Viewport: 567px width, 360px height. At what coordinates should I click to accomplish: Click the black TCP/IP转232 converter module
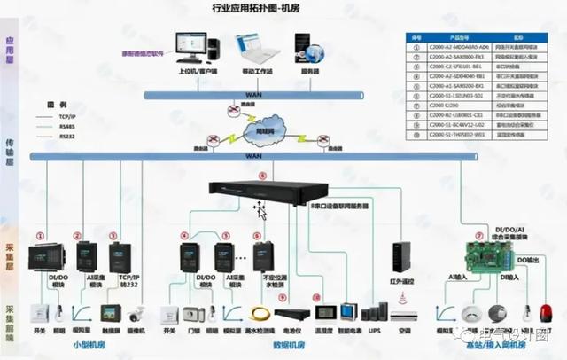point(120,256)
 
